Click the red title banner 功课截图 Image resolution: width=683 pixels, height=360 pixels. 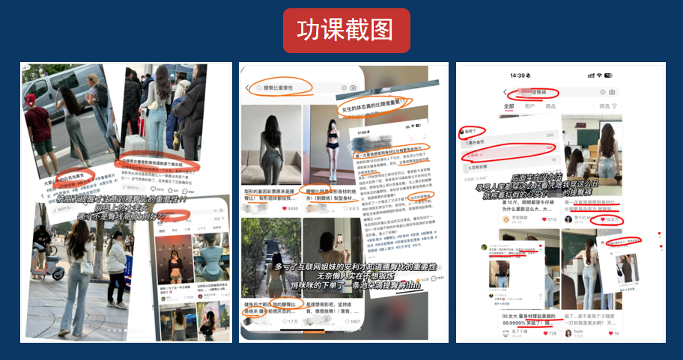tap(346, 30)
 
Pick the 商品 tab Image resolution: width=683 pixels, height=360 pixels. tap(550, 106)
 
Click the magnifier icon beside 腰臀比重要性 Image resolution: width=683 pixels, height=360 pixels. tap(258, 88)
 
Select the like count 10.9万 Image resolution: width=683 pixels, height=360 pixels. tap(612, 220)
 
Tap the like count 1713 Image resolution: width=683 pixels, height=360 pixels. tap(550, 220)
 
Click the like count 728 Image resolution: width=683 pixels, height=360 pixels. tap(550, 333)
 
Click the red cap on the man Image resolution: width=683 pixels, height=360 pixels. tap(31, 100)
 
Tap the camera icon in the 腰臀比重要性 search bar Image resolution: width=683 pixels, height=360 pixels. tap(353, 88)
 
